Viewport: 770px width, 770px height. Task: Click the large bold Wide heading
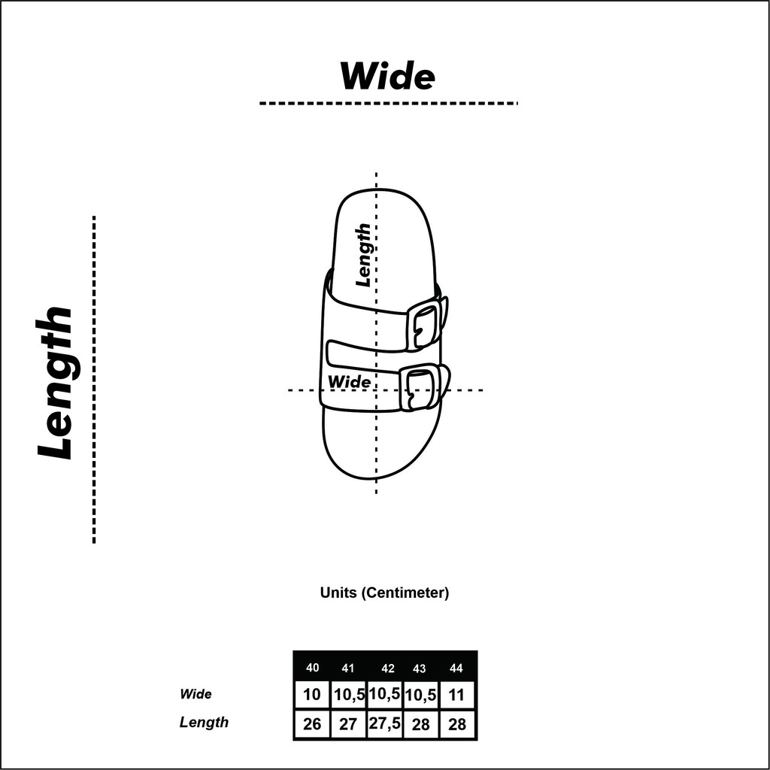pyautogui.click(x=387, y=76)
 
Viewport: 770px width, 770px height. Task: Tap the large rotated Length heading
pyautogui.click(x=54, y=383)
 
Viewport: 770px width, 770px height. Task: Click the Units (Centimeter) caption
pyautogui.click(x=384, y=593)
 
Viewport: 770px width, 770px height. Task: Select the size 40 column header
pyautogui.click(x=312, y=668)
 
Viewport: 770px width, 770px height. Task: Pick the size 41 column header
pyautogui.click(x=347, y=668)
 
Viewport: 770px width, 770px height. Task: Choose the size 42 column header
pyautogui.click(x=388, y=668)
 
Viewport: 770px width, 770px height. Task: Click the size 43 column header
pyautogui.click(x=420, y=668)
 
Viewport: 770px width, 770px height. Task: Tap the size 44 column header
pyautogui.click(x=456, y=668)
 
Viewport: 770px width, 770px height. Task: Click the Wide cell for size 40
pyautogui.click(x=312, y=694)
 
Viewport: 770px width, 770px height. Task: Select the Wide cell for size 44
pyautogui.click(x=456, y=695)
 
